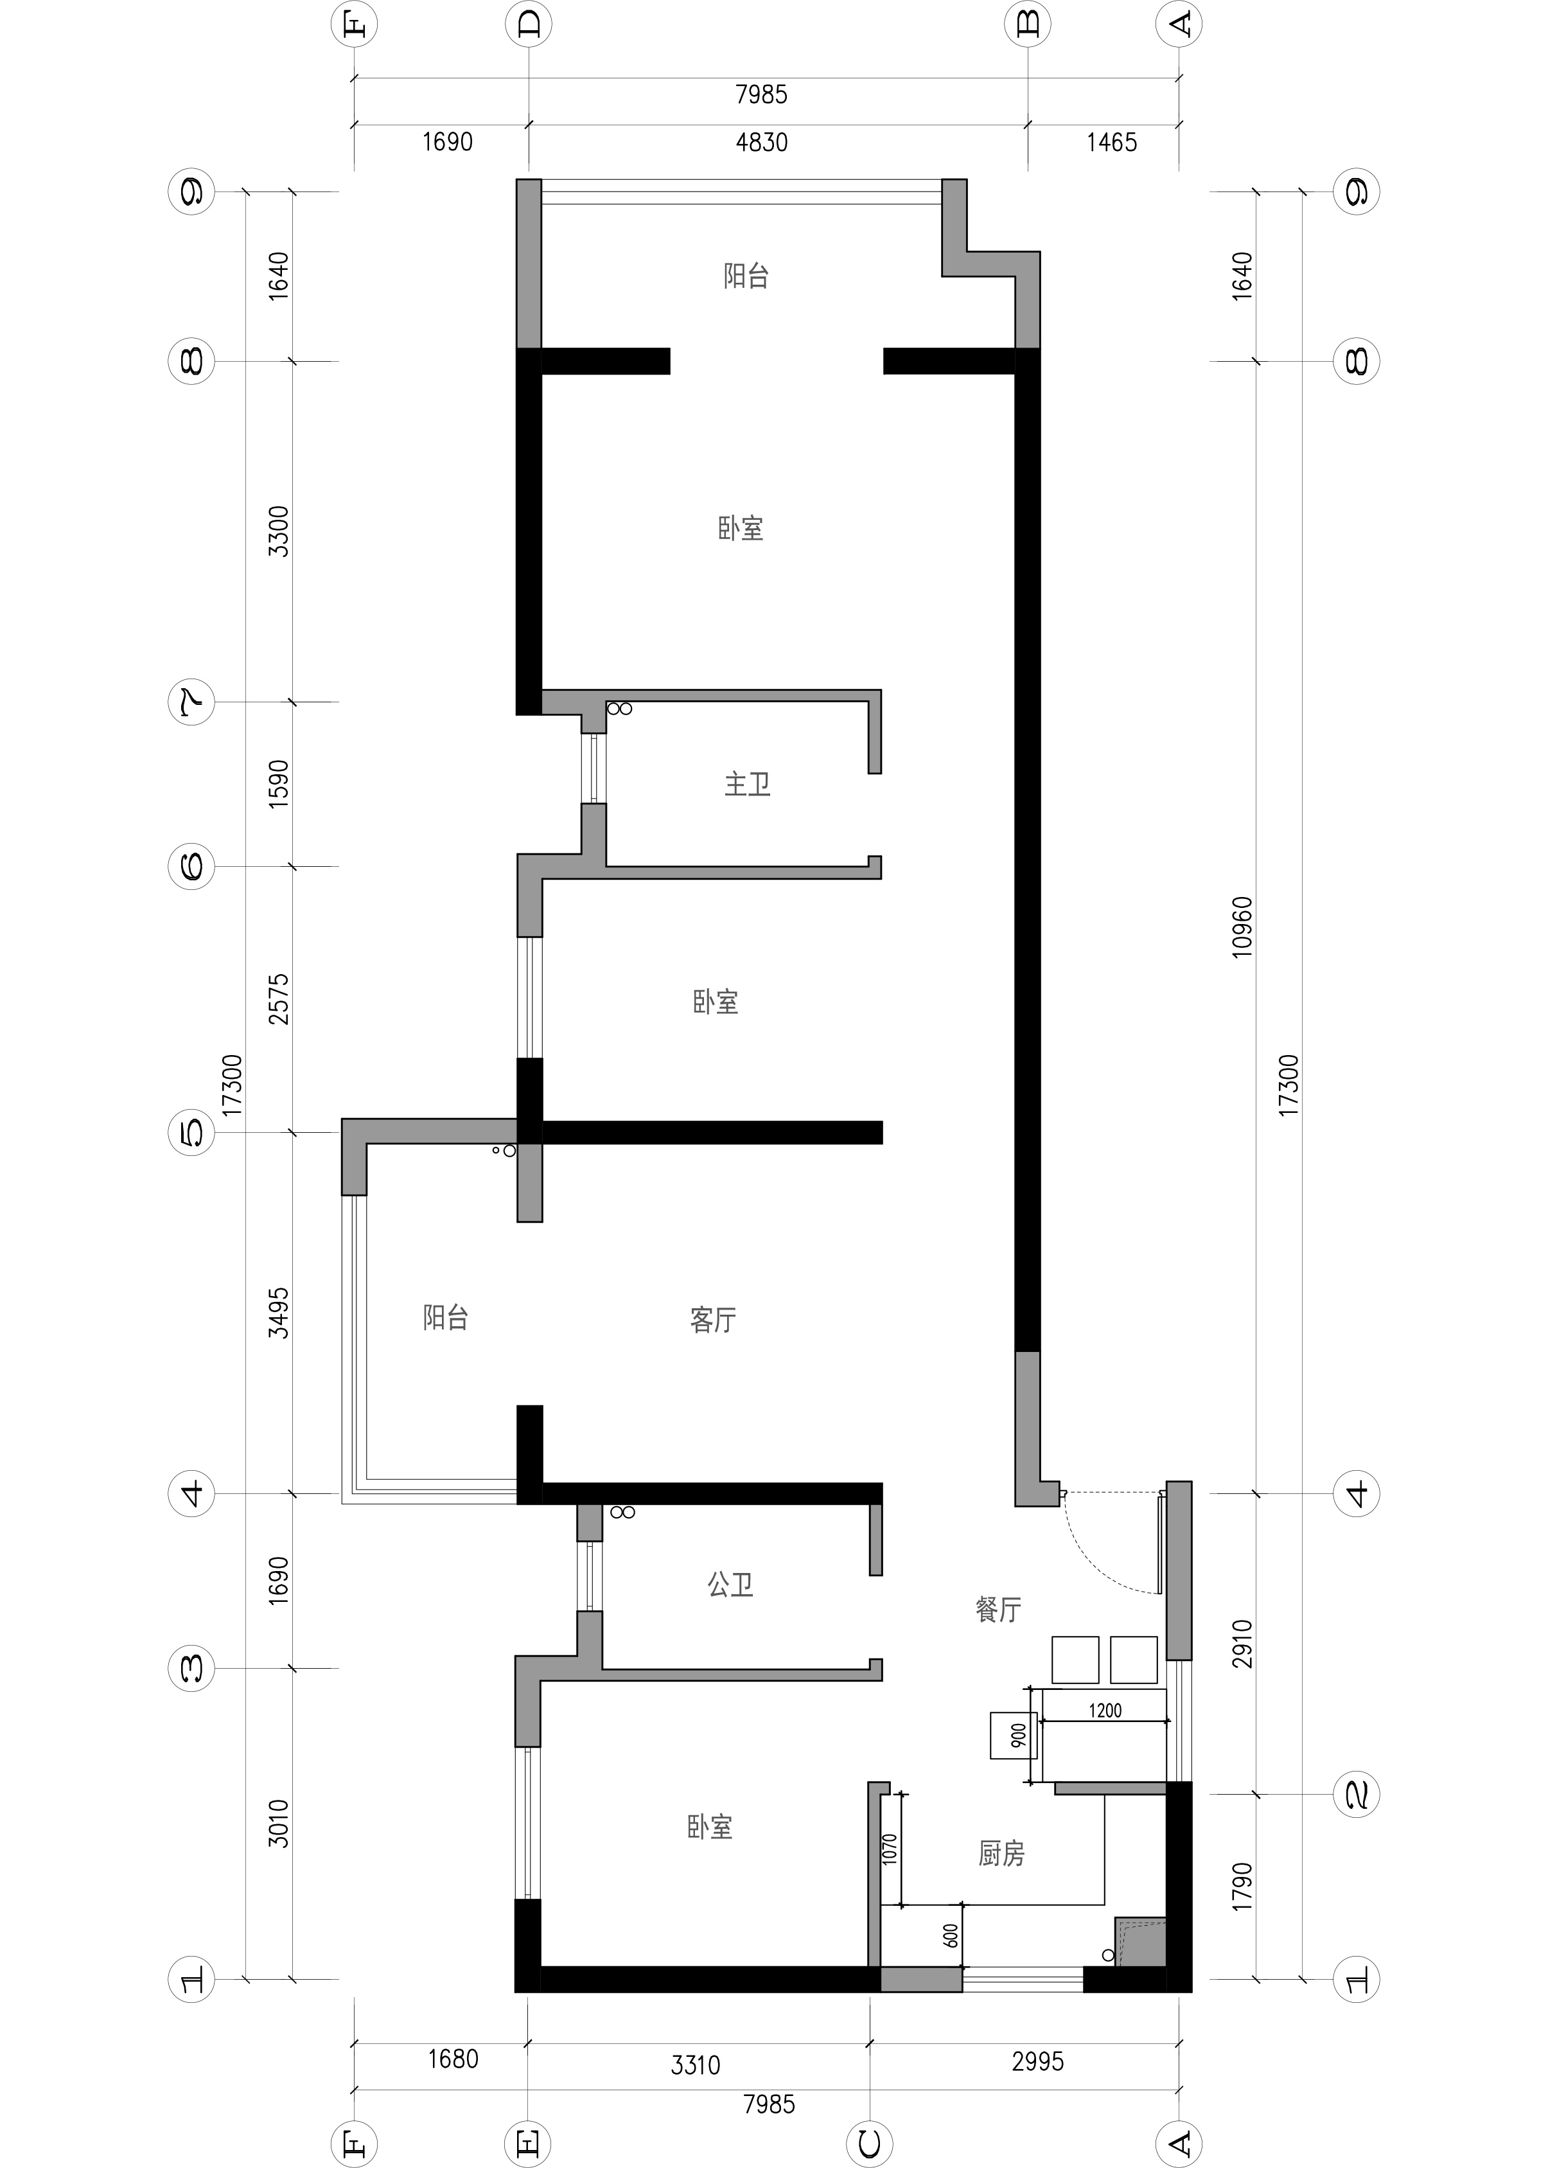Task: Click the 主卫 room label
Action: (x=747, y=785)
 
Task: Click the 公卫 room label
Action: (x=730, y=1585)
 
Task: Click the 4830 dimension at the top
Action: (x=762, y=143)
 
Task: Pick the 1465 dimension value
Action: (x=1111, y=143)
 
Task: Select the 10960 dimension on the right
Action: (x=1242, y=928)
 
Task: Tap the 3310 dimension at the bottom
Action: (x=695, y=2065)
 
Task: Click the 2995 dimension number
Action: (x=1037, y=2061)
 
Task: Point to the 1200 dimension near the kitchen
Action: (x=1105, y=1710)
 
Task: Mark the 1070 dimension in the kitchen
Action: (x=890, y=1849)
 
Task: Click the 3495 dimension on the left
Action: (x=278, y=1313)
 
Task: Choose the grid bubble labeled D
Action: (x=529, y=24)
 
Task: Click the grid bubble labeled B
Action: (x=1028, y=24)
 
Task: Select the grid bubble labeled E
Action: (x=528, y=2144)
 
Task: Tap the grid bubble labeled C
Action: (x=869, y=2144)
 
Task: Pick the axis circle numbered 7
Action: (x=191, y=703)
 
